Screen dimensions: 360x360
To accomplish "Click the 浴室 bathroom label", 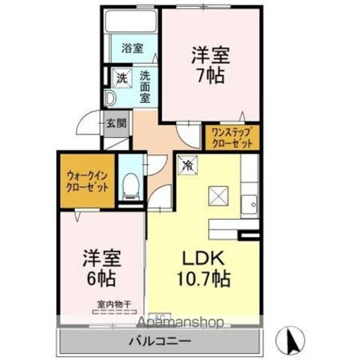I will [x=133, y=49].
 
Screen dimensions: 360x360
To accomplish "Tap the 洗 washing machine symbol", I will [x=121, y=78].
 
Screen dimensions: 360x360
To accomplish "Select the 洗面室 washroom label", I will [x=145, y=85].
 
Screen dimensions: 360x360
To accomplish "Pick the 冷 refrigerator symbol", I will [x=187, y=164].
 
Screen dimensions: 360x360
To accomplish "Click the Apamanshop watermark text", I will [x=180, y=322].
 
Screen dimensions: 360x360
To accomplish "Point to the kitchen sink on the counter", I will [x=250, y=203].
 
